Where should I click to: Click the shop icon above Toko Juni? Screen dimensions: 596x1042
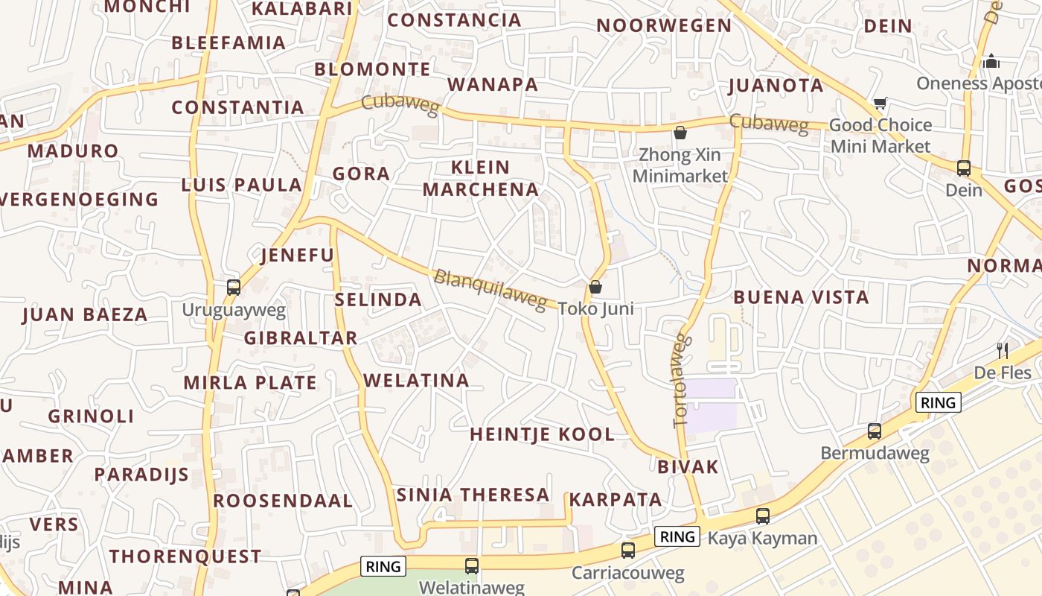[x=595, y=287]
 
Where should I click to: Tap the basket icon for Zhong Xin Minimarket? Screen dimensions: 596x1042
[x=680, y=133]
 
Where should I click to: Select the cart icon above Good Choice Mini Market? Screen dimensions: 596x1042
[x=880, y=104]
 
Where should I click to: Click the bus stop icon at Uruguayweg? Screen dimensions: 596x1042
[x=234, y=287]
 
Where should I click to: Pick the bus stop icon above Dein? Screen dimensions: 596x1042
[x=964, y=168]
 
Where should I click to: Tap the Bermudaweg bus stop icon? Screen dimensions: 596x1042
[x=875, y=431]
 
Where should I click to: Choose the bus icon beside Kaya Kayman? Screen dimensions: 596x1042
[x=763, y=516]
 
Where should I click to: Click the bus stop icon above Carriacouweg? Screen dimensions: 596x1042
[x=628, y=551]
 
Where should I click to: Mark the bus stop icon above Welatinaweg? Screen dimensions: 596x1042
[x=472, y=565]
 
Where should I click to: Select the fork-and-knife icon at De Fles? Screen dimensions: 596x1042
[x=1003, y=350]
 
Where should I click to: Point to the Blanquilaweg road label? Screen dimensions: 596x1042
[x=490, y=289]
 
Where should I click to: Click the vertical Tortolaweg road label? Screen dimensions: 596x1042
[x=681, y=381]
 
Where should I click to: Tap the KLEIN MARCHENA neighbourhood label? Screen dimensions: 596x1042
[x=481, y=178]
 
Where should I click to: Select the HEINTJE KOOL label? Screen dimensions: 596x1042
[x=543, y=434]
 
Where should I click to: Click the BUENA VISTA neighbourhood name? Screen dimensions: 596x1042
[x=801, y=297]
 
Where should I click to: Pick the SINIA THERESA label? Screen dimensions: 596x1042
[x=473, y=495]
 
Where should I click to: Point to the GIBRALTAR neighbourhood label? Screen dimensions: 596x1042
[x=301, y=337]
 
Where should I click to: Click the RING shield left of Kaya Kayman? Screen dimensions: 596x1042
[x=677, y=536]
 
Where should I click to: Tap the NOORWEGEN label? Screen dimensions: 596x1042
[x=664, y=25]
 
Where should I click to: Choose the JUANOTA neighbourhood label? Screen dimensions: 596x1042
[x=776, y=85]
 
